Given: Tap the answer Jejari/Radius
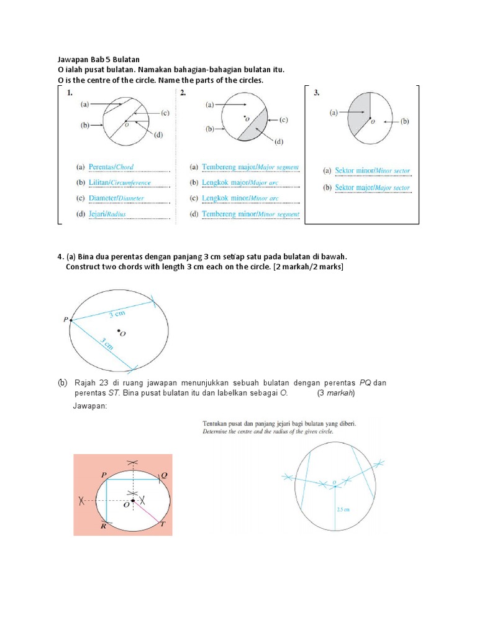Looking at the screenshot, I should pyautogui.click(x=109, y=214).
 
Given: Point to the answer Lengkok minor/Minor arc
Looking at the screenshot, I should pyautogui.click(x=240, y=198).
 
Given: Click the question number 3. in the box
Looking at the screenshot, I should pyautogui.click(x=317, y=93).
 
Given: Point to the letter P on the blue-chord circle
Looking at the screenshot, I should pyautogui.click(x=65, y=320).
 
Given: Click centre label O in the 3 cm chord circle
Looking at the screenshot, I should pyautogui.click(x=122, y=333).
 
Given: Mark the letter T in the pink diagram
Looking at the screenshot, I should pyautogui.click(x=163, y=524).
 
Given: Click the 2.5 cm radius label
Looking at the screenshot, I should pyautogui.click(x=343, y=508).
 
